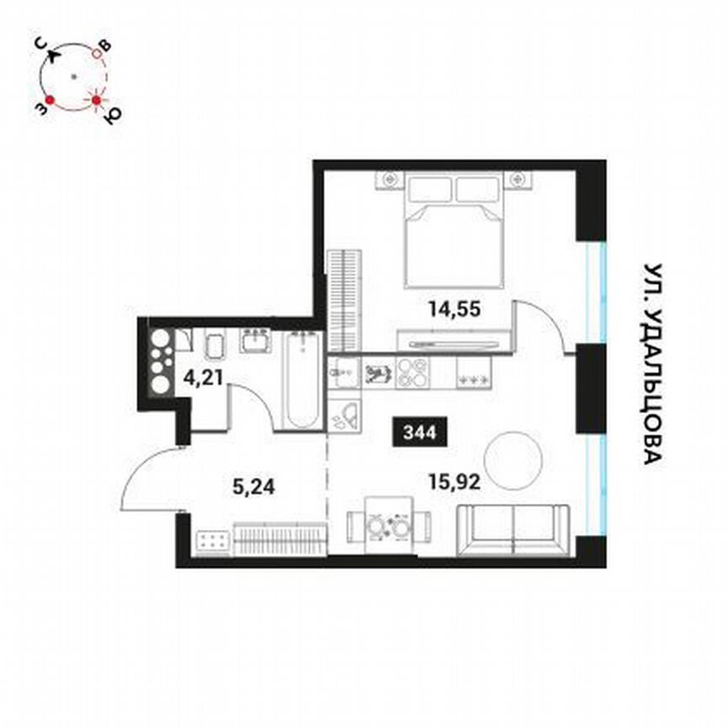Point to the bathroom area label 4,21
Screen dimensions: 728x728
pos(204,377)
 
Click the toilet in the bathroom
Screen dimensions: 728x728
pos(214,345)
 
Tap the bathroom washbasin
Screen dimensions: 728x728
pos(254,341)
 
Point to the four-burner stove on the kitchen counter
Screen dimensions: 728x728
pos(412,372)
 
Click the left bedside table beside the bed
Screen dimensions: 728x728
pos(390,179)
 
